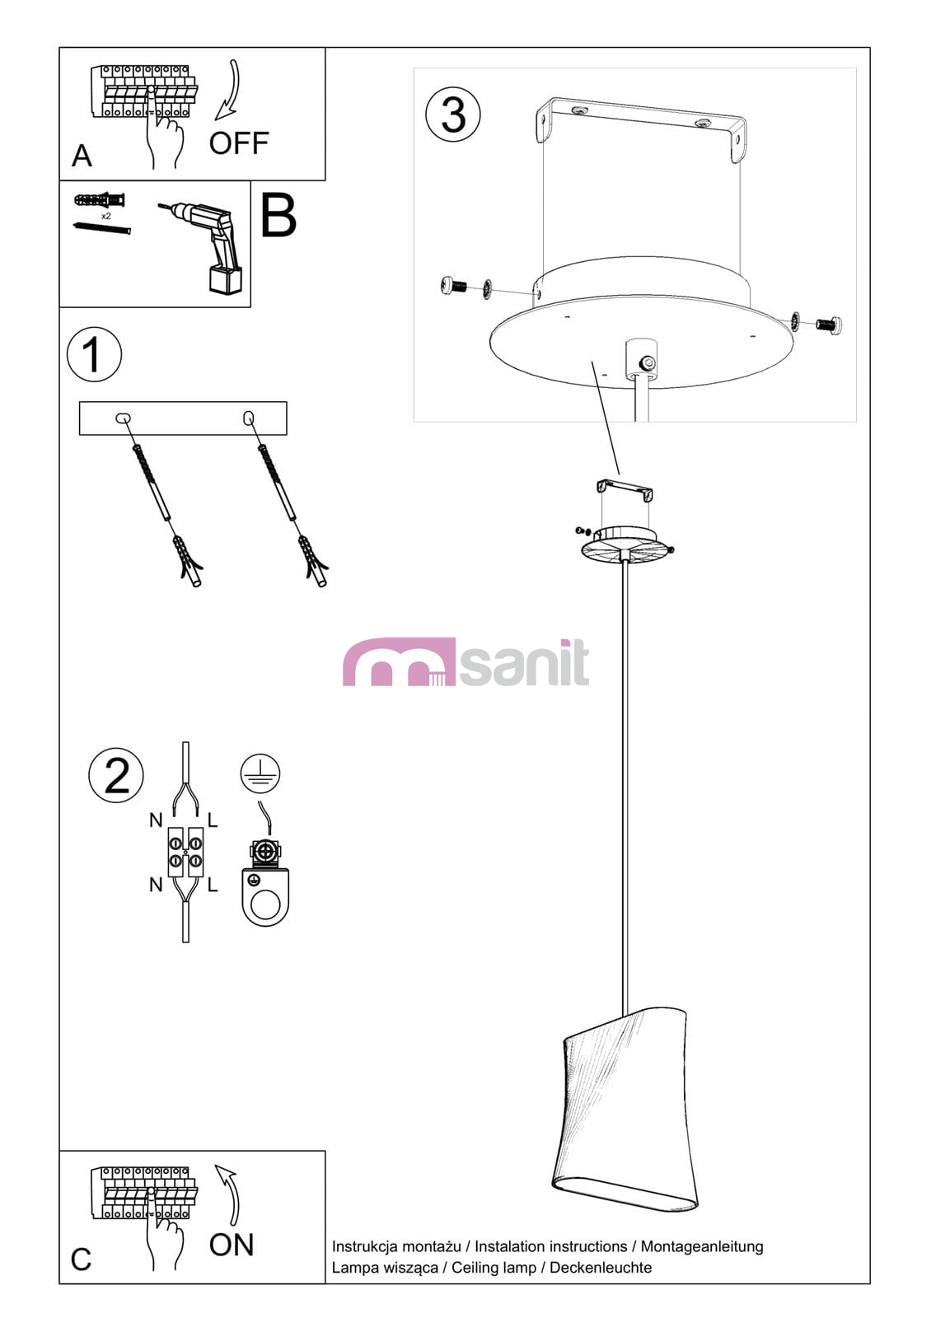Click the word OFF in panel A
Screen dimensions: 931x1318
click(239, 143)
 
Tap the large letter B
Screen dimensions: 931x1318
click(278, 216)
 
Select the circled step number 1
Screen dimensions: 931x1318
click(94, 354)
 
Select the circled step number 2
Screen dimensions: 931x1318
click(116, 775)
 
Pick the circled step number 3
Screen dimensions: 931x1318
click(452, 115)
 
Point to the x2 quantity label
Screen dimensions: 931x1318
click(106, 217)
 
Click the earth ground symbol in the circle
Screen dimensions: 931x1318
click(260, 774)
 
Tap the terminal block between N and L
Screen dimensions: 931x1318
click(185, 853)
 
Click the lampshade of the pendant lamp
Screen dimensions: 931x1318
click(625, 1109)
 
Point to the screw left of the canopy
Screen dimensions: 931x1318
click(453, 286)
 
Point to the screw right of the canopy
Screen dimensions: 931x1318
click(829, 324)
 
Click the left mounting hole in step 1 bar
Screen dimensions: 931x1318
click(123, 418)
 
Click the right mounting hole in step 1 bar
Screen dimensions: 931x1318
click(248, 418)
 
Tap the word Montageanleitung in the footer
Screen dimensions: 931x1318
click(702, 1247)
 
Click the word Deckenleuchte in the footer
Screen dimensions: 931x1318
click(601, 1268)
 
